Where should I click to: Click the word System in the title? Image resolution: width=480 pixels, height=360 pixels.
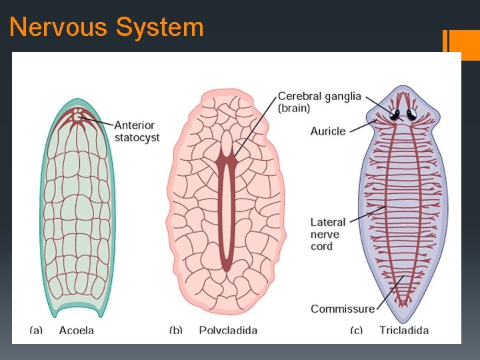pyautogui.click(x=159, y=28)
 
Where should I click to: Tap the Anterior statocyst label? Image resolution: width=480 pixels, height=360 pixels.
pyautogui.click(x=137, y=131)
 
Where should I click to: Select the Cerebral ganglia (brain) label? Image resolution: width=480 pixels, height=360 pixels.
pyautogui.click(x=319, y=102)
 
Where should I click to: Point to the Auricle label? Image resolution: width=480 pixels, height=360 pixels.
pyautogui.click(x=328, y=131)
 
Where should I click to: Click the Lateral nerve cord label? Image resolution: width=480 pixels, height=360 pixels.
pyautogui.click(x=328, y=234)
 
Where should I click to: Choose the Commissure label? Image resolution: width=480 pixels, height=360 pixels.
pyautogui.click(x=343, y=309)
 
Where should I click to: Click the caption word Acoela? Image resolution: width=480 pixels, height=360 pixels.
pyautogui.click(x=77, y=330)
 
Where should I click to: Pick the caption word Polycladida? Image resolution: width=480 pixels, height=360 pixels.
pyautogui.click(x=228, y=330)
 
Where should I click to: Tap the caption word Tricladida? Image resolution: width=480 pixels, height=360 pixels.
pyautogui.click(x=404, y=330)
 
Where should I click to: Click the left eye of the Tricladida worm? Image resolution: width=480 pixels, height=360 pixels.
pyautogui.click(x=395, y=114)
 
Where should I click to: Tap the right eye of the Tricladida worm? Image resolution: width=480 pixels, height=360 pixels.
pyautogui.click(x=411, y=114)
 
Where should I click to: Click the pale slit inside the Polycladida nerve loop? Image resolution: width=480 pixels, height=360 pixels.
pyautogui.click(x=227, y=213)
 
